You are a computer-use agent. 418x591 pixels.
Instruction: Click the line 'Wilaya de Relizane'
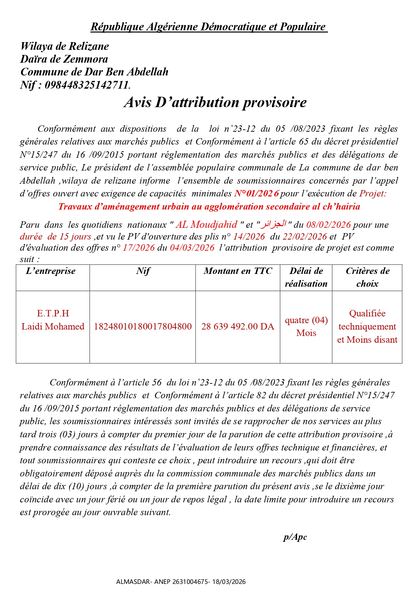(x=65, y=46)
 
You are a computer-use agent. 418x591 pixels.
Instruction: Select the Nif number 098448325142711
(x=87, y=85)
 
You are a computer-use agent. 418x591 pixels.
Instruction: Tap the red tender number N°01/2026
(x=257, y=193)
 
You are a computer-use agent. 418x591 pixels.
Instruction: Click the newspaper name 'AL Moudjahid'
(x=206, y=225)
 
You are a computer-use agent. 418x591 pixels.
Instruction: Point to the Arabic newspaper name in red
(x=274, y=224)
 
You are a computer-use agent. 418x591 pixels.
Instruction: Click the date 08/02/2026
(x=328, y=225)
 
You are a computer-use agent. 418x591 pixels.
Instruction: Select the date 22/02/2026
(x=305, y=237)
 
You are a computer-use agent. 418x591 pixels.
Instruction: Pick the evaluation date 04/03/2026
(x=192, y=248)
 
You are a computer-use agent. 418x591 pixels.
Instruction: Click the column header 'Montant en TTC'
(x=237, y=271)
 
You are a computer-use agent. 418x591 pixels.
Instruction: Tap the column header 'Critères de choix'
(x=367, y=277)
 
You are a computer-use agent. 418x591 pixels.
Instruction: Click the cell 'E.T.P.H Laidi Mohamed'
(x=53, y=320)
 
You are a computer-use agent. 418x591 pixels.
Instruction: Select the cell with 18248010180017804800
(x=142, y=326)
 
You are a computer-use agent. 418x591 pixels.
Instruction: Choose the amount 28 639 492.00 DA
(x=238, y=326)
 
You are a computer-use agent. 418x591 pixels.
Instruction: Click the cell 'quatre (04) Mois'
(x=306, y=326)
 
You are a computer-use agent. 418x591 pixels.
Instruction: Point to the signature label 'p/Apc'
(x=295, y=537)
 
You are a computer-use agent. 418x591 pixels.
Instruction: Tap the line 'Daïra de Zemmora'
(x=64, y=59)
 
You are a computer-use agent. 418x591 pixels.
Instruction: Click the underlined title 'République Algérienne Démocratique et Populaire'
(x=209, y=27)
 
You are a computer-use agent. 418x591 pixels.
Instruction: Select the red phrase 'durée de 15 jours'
(x=56, y=237)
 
